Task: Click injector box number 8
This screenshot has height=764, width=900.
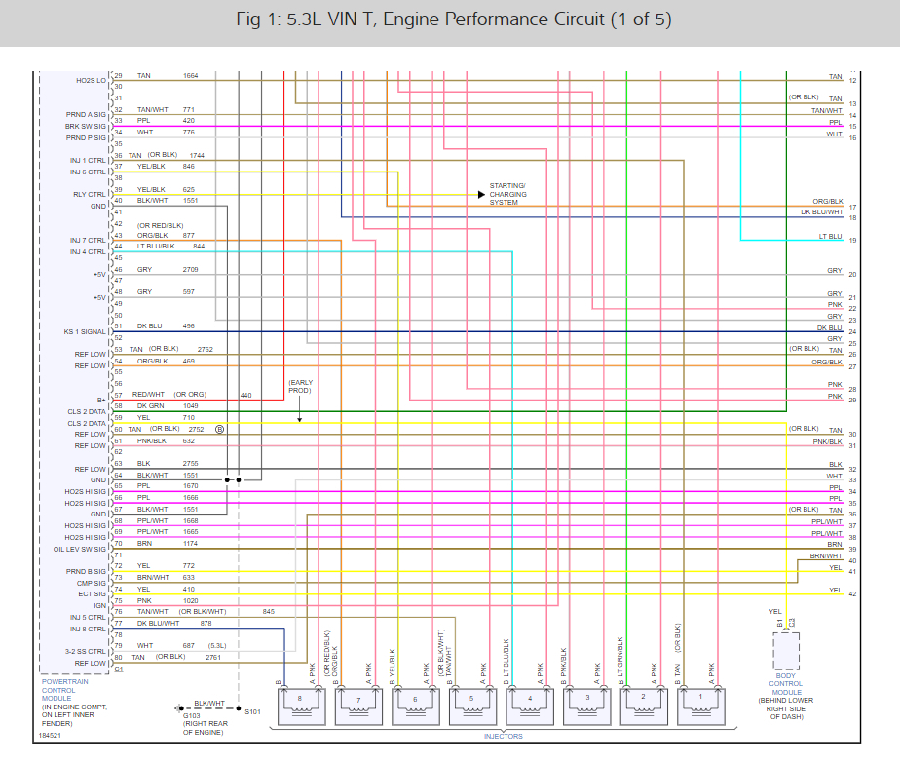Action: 305,706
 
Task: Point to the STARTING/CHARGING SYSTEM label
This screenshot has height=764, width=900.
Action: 507,194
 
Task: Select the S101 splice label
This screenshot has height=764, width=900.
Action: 254,711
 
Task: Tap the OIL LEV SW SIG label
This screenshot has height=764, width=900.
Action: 80,550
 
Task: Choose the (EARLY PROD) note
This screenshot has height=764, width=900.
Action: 299,386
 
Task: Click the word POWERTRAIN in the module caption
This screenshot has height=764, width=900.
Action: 65,682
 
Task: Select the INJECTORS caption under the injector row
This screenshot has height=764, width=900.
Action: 504,737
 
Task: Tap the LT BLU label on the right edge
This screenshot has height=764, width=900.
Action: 830,237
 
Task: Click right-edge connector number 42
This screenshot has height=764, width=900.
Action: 852,593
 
